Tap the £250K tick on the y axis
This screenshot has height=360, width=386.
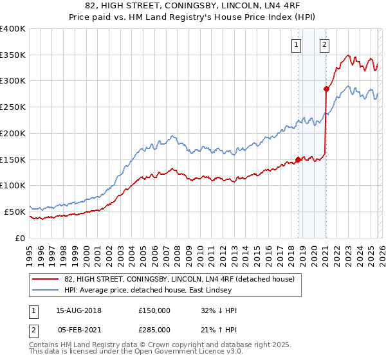coord(13,107)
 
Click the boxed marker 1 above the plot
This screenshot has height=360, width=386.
coord(297,44)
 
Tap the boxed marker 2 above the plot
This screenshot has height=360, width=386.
coord(324,44)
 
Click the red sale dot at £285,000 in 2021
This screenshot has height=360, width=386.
coord(326,89)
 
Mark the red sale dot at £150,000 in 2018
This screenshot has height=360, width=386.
coord(298,159)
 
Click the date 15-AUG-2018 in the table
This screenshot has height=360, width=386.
coord(79,310)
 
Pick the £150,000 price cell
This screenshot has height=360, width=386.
coord(154,310)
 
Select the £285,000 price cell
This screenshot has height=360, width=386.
coord(154,329)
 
